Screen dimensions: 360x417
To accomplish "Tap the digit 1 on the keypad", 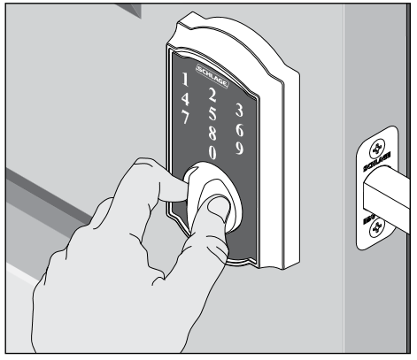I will (185, 79).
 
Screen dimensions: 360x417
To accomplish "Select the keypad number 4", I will (185, 99).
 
